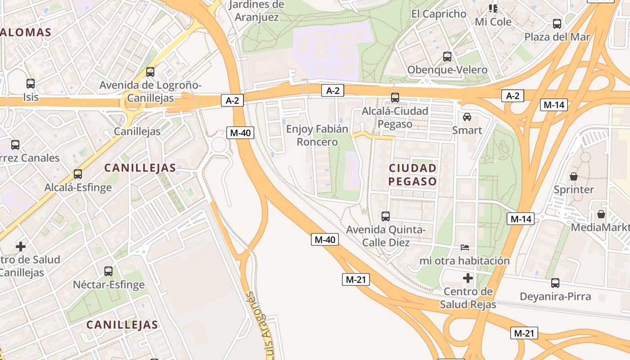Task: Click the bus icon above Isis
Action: click(x=31, y=83)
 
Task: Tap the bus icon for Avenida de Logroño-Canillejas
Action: click(x=150, y=72)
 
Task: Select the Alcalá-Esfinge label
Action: click(x=78, y=187)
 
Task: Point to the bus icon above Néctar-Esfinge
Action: click(x=108, y=271)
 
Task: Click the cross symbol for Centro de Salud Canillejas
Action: click(x=21, y=246)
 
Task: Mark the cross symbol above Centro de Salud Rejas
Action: click(x=468, y=278)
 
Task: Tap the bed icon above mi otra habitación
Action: click(x=465, y=247)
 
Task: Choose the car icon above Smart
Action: click(x=467, y=117)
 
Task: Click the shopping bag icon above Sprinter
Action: click(x=574, y=176)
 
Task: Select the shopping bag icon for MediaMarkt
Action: click(x=601, y=214)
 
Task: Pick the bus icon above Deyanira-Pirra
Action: click(x=555, y=283)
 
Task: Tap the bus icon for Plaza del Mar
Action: click(x=557, y=24)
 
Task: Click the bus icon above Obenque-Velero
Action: click(x=447, y=57)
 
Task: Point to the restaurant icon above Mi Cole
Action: click(x=493, y=9)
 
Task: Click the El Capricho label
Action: click(x=439, y=14)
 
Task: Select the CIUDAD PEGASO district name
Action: click(x=413, y=175)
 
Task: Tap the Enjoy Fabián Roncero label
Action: click(x=317, y=135)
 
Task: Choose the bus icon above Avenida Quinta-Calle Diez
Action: click(x=386, y=216)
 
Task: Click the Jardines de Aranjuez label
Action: click(x=256, y=11)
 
